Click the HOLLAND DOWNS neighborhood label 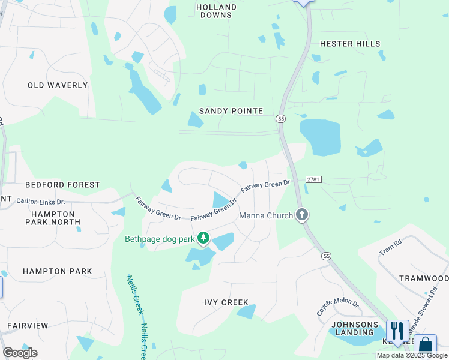[217, 11]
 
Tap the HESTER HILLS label [350, 44]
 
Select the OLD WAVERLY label [58, 85]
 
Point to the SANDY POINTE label [231, 111]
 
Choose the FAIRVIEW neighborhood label [28, 326]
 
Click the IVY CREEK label [226, 302]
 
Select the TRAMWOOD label [424, 278]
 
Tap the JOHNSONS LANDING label [355, 329]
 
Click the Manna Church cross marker [302, 215]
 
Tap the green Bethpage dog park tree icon [204, 239]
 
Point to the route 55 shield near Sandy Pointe [281, 119]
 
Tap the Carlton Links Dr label [40, 202]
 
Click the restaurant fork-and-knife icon [397, 331]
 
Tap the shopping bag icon [425, 345]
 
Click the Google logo [20, 353]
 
